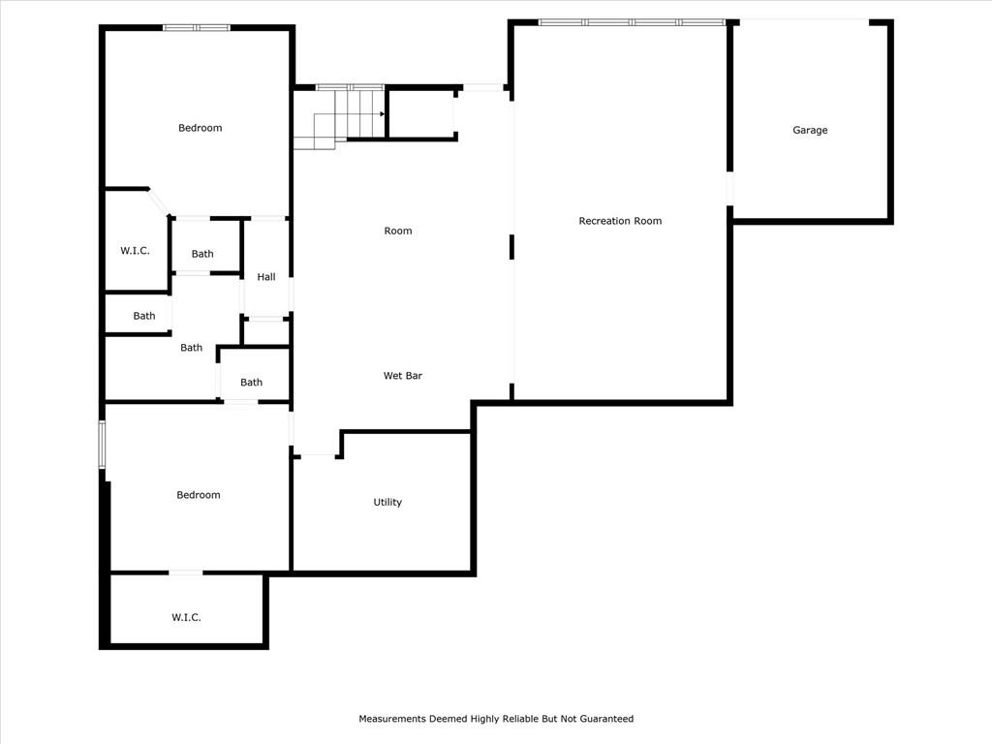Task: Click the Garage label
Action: (x=810, y=130)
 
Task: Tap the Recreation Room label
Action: (x=620, y=221)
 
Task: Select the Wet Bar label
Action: (x=402, y=375)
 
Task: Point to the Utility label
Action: (x=387, y=502)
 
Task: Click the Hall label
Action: (x=266, y=276)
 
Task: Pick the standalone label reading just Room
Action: (x=398, y=231)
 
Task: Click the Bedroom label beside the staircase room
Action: (x=200, y=128)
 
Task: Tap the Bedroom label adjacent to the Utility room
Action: (x=198, y=495)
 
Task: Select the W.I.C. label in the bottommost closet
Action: (x=186, y=617)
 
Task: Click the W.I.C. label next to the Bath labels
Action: (x=135, y=251)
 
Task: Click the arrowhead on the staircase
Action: (x=382, y=114)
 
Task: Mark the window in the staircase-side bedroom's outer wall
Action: (x=197, y=27)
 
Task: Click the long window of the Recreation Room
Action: (x=632, y=22)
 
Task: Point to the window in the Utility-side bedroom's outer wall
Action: (x=102, y=445)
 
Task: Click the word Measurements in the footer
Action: (x=392, y=719)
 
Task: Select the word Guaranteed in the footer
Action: (x=606, y=719)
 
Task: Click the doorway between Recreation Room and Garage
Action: (x=729, y=189)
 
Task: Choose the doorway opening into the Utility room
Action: (x=318, y=455)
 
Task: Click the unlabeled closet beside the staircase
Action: (x=420, y=114)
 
